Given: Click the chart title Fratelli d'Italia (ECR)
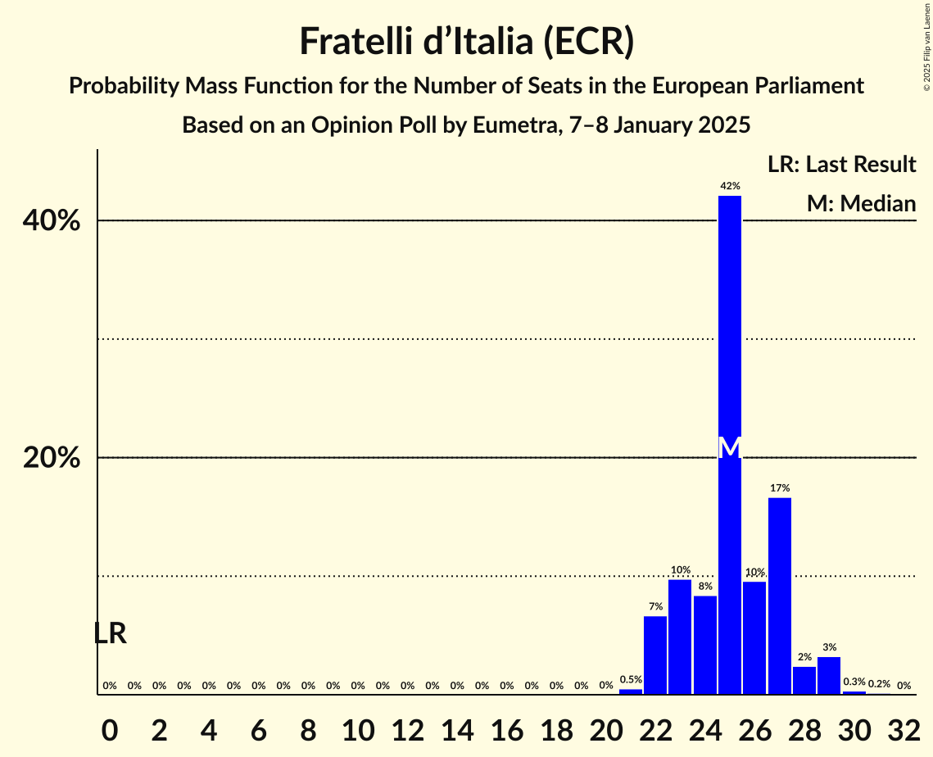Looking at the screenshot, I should pos(466,41).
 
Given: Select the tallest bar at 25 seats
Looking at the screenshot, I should pos(730,328).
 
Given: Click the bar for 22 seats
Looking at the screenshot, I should pos(655,655).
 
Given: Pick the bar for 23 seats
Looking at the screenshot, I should pos(680,637).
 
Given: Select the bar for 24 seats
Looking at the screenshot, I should pos(705,645).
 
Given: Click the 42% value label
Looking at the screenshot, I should pos(730,186).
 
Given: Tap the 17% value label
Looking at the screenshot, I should pos(780,488).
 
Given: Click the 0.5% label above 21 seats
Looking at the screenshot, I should pos(631,679).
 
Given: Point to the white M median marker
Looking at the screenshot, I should pos(730,447).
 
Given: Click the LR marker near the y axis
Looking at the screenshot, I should pos(110,633).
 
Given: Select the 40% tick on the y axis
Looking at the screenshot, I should pos(52,221).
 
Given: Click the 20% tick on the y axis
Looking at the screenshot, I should pos(52,458).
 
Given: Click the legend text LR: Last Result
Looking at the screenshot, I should pos(841,165).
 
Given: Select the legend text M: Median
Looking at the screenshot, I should pos(861,203).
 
